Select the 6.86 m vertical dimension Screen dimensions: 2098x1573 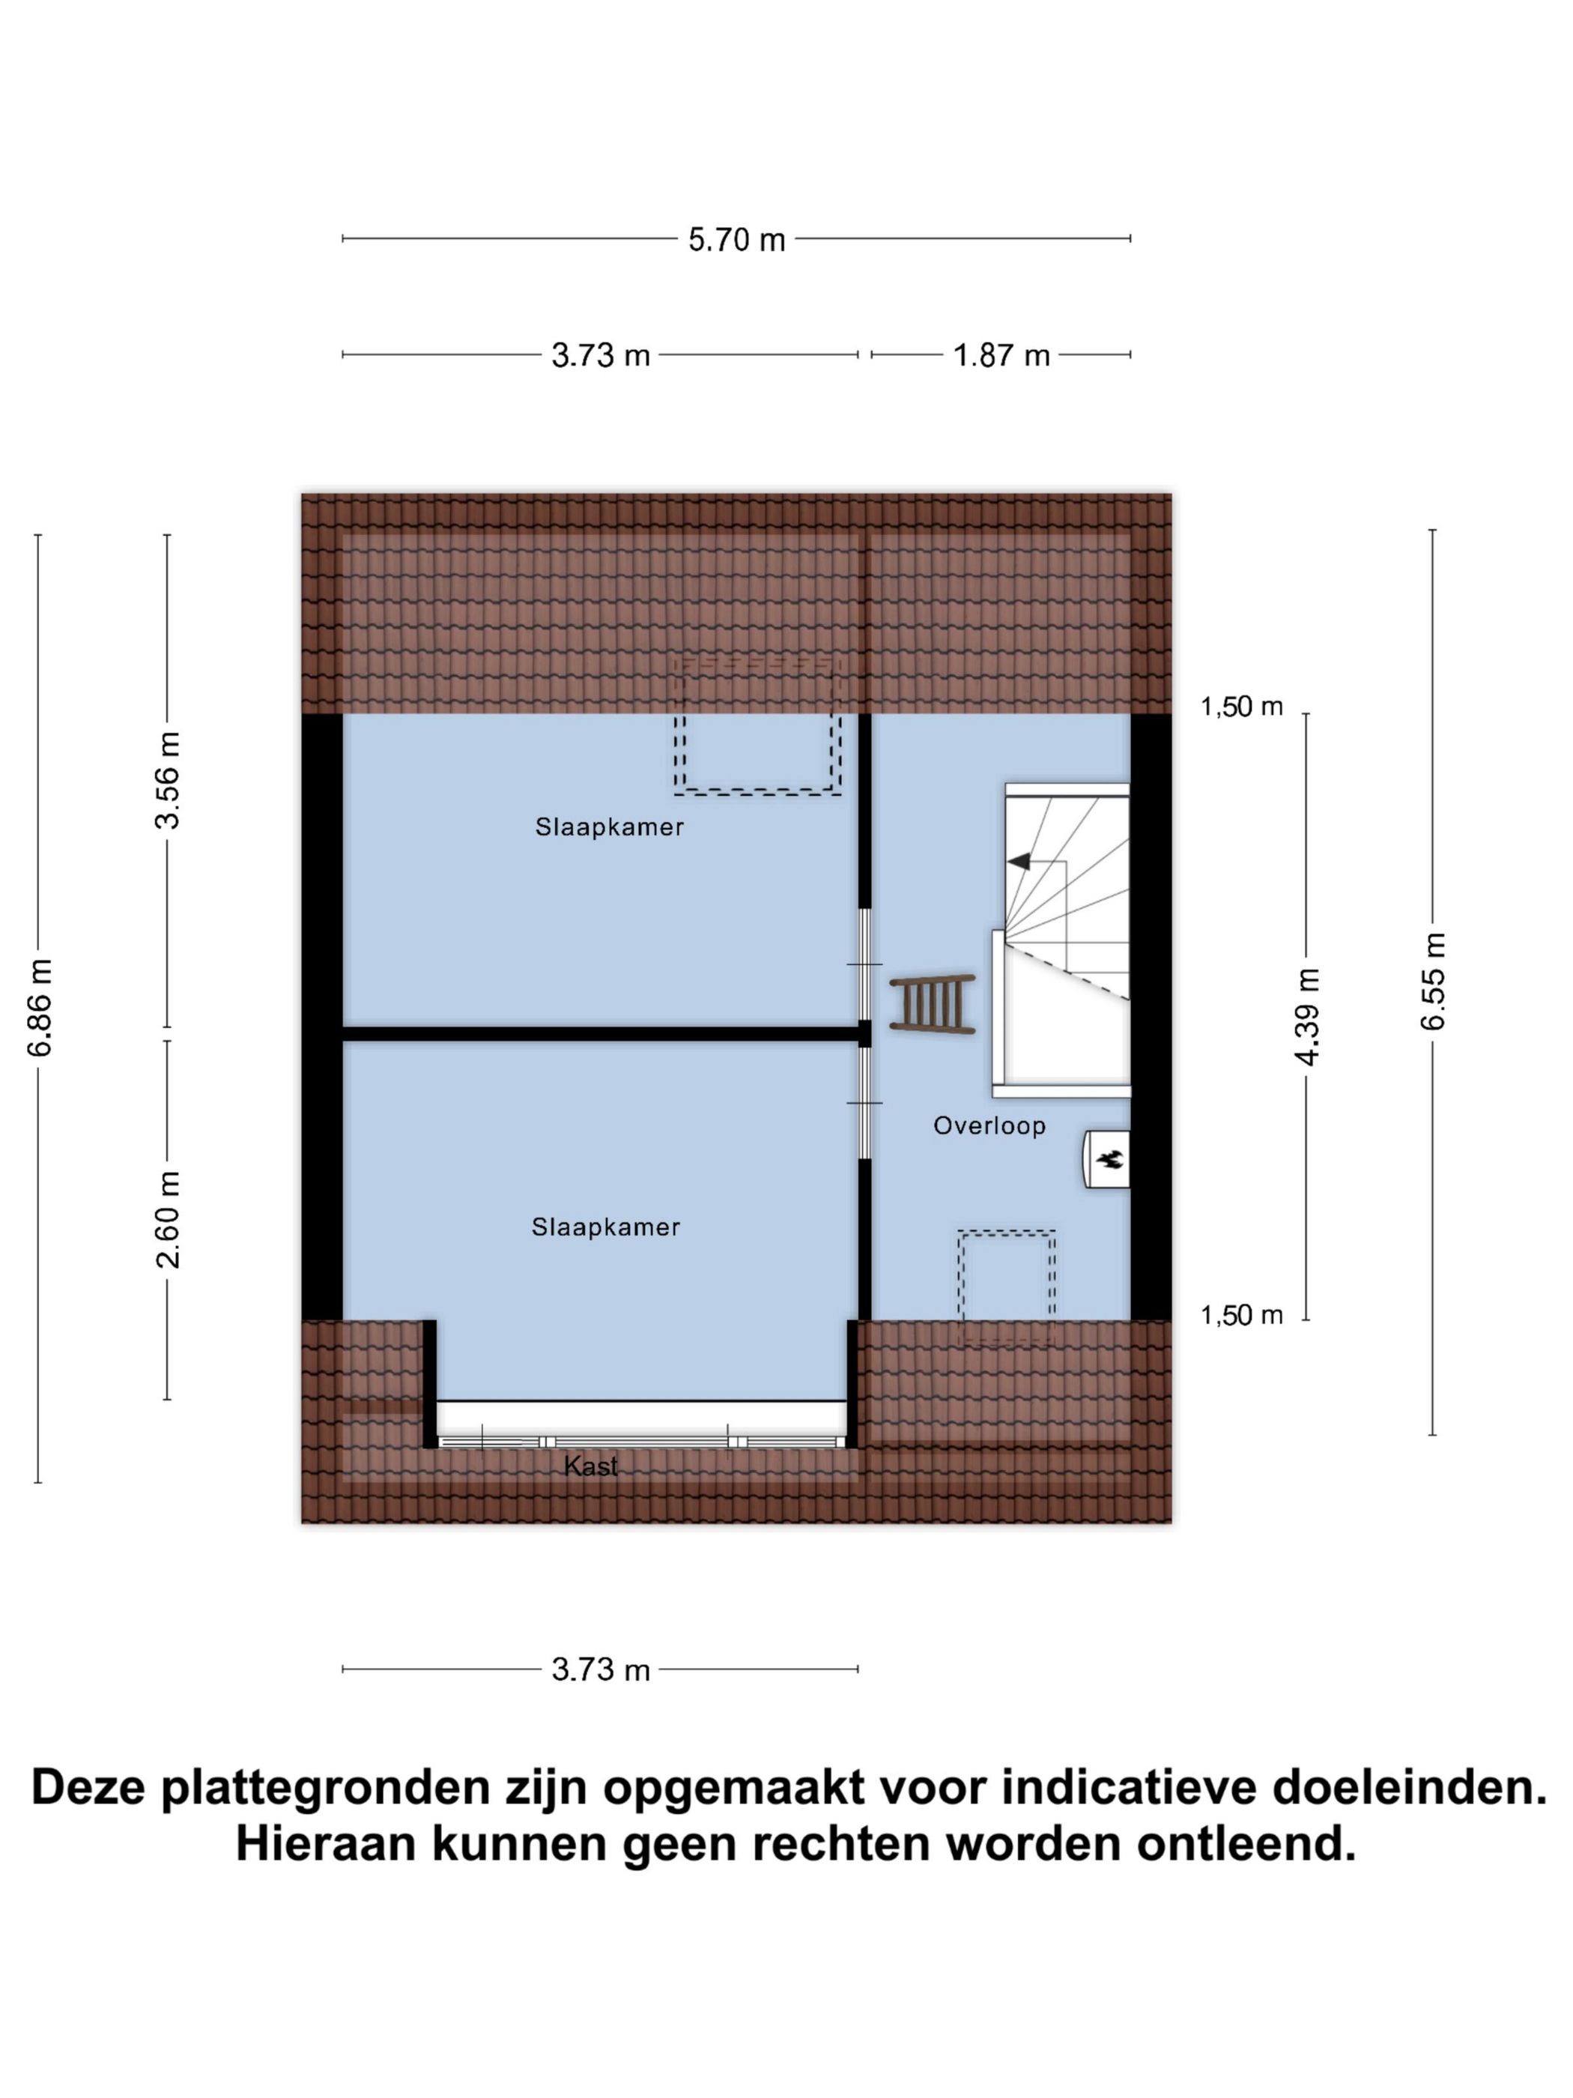click(x=39, y=1006)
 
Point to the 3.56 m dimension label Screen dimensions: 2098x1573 click(x=168, y=780)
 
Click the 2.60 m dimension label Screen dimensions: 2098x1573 click(x=168, y=1219)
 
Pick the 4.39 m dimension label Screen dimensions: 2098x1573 click(x=1306, y=1016)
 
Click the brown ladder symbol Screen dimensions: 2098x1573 click(x=932, y=1003)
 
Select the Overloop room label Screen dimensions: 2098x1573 click(x=989, y=1126)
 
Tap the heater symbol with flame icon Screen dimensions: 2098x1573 click(x=1107, y=1158)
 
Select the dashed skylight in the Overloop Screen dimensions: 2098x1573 click(x=1006, y=1285)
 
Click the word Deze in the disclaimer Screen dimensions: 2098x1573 click(x=89, y=1787)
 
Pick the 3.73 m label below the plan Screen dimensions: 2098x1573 click(x=600, y=1669)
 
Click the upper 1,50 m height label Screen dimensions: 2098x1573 click(x=1241, y=706)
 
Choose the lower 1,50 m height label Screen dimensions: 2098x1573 click(x=1241, y=1314)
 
